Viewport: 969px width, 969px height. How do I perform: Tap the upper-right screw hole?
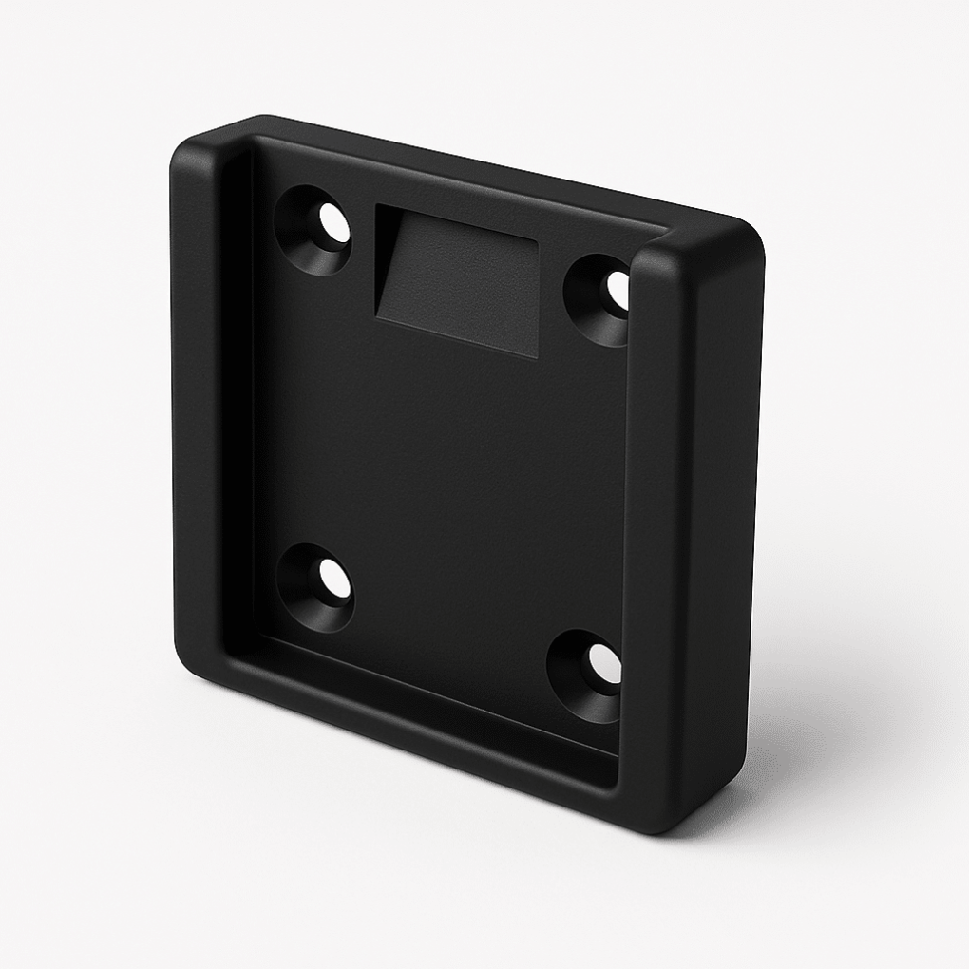[x=614, y=291]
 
